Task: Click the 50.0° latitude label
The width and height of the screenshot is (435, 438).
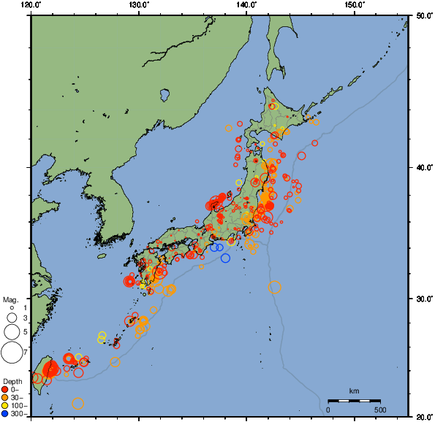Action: pyautogui.click(x=422, y=15)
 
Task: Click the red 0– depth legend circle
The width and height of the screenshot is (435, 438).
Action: pyautogui.click(x=5, y=390)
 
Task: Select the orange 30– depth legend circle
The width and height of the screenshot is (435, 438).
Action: pyautogui.click(x=5, y=398)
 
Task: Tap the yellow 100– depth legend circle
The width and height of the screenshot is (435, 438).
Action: pyautogui.click(x=5, y=406)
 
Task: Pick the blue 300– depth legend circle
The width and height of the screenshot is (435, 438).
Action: pyautogui.click(x=5, y=414)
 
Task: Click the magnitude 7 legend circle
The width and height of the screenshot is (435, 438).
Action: pyautogui.click(x=11, y=353)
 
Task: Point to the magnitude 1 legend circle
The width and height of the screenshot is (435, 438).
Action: pyautogui.click(x=12, y=308)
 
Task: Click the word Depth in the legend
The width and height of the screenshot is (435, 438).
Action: pyautogui.click(x=12, y=382)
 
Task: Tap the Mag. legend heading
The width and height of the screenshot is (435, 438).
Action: pyautogui.click(x=10, y=299)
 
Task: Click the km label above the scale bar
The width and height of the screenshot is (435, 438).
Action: pyautogui.click(x=354, y=392)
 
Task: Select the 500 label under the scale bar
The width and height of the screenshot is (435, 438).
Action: pyautogui.click(x=380, y=410)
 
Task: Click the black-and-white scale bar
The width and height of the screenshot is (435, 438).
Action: pyautogui.click(x=354, y=401)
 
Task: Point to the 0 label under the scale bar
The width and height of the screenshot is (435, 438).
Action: pyautogui.click(x=328, y=410)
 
